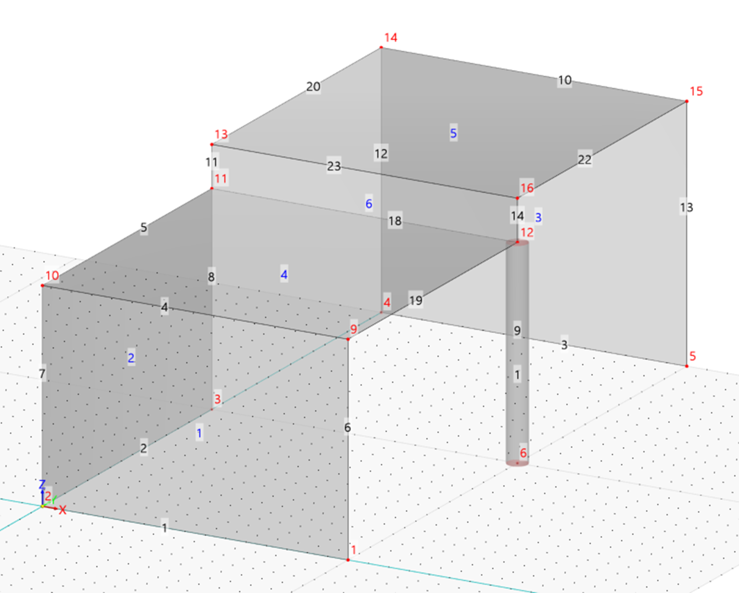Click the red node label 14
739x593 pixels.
click(391, 37)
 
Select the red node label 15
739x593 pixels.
click(696, 91)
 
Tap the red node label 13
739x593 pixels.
click(221, 135)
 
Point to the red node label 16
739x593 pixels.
click(527, 188)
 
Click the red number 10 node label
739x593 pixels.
click(52, 275)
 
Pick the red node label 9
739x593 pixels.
click(354, 329)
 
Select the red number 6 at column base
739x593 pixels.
click(523, 453)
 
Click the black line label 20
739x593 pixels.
click(313, 87)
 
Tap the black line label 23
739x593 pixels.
click(334, 167)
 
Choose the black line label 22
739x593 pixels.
click(584, 160)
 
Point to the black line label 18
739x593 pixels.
click(395, 221)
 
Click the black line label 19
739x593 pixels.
click(416, 301)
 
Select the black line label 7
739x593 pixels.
click(42, 373)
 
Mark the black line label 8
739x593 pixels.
click(211, 277)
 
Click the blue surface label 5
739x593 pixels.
click(453, 133)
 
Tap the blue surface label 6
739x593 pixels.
click(369, 204)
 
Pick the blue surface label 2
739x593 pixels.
click(131, 358)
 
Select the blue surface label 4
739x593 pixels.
click(284, 274)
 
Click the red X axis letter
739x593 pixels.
click(63, 510)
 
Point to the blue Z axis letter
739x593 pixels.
click(42, 484)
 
